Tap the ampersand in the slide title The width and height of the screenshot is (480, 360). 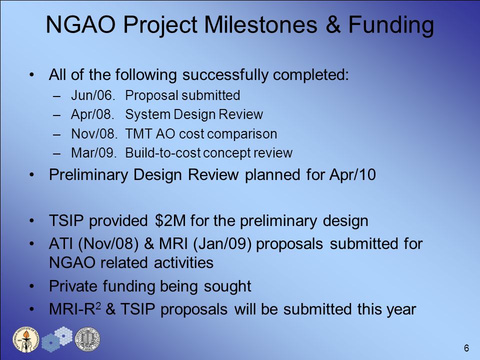pyautogui.click(x=333, y=24)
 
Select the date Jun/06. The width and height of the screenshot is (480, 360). pyautogui.click(x=93, y=95)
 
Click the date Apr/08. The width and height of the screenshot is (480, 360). pyautogui.click(x=92, y=115)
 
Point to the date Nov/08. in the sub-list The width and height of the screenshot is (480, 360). pyautogui.click(x=94, y=134)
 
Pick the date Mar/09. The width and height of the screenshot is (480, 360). pyautogui.click(x=94, y=153)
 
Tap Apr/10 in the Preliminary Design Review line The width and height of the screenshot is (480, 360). pyautogui.click(x=352, y=175)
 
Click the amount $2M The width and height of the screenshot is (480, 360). pyautogui.click(x=170, y=220)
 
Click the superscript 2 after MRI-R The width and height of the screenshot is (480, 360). pyautogui.click(x=98, y=305)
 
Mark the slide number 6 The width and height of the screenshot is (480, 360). pyautogui.click(x=466, y=348)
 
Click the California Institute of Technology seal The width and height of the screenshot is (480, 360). pyautogui.click(x=26, y=339)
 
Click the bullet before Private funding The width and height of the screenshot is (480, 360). pyautogui.click(x=32, y=286)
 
